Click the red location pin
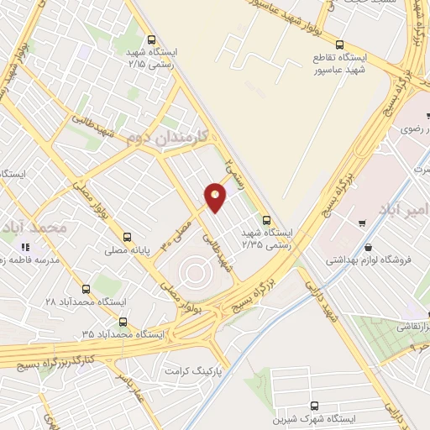(216, 196)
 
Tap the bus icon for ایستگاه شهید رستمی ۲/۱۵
(151, 39)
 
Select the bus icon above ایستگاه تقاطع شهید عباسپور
(339, 45)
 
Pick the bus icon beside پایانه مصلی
(127, 237)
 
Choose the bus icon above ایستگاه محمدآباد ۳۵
(123, 321)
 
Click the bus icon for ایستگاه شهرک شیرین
(315, 406)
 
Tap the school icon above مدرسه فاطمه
(25, 247)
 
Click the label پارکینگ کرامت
(198, 370)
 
